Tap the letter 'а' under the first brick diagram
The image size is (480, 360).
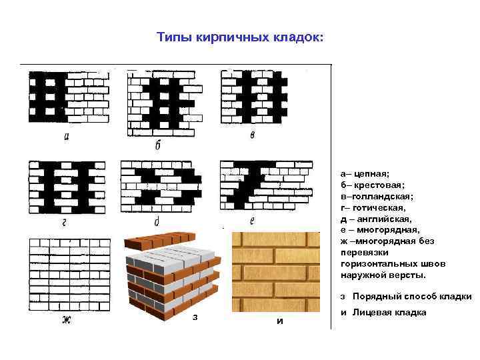[67, 137]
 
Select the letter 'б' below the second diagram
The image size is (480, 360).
[158, 145]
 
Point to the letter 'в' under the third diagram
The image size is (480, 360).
[252, 136]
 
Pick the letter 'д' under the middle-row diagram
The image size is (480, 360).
[156, 222]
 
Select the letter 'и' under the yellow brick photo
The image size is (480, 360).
[279, 321]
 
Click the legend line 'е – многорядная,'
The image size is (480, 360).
[380, 229]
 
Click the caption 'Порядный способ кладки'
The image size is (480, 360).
[412, 297]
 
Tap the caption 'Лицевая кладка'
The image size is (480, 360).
[389, 313]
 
